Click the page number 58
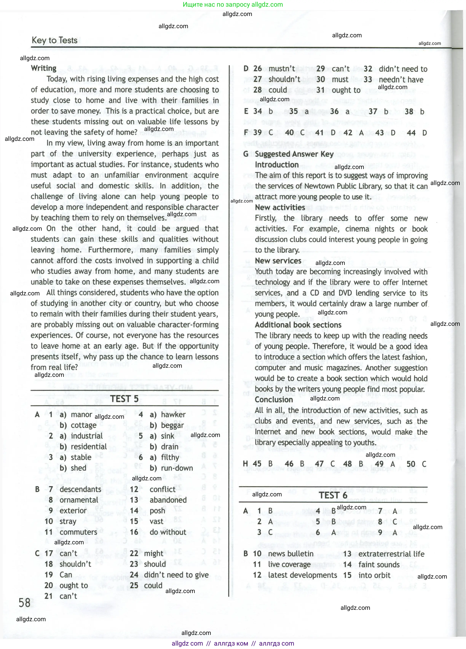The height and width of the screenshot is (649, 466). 24,603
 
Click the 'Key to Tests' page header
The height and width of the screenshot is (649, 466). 54,40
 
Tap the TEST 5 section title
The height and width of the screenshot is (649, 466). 124,399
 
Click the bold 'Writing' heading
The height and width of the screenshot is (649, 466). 44,68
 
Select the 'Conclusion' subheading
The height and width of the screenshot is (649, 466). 274,400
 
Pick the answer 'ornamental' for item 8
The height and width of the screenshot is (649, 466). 79,500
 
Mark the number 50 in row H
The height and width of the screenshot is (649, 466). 411,464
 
